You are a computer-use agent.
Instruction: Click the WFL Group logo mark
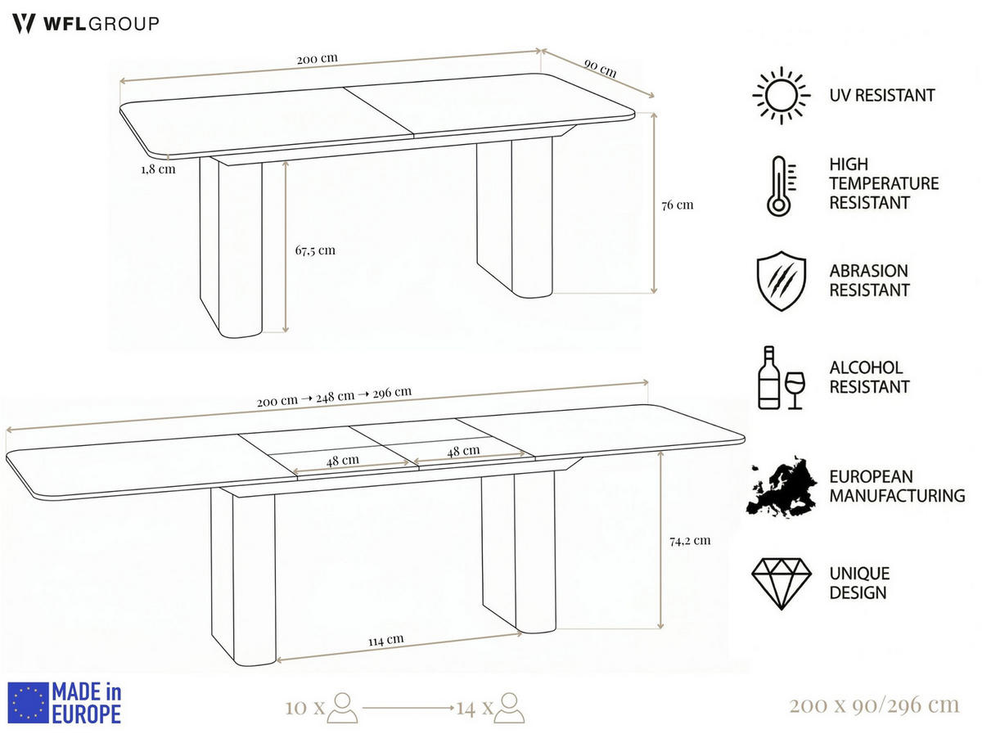coord(24,23)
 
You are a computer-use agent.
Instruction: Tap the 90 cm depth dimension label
coord(600,69)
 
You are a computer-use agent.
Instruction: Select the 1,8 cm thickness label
coord(159,169)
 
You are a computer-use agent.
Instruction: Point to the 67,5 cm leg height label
coord(315,250)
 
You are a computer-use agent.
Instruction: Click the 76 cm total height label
coord(678,205)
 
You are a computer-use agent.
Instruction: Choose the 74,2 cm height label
coord(690,540)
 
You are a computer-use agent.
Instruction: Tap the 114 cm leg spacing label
coord(385,641)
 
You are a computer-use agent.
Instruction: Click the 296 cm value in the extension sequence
coord(392,392)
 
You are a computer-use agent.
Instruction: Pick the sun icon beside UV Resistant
coord(782,95)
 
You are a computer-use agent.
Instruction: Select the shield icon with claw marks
coord(782,281)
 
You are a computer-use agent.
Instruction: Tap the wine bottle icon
coord(768,377)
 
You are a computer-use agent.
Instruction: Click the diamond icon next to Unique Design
coord(782,583)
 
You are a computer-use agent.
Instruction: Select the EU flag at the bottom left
coord(28,703)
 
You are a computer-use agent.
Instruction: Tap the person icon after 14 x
coord(509,708)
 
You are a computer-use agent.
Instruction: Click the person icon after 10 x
coord(342,708)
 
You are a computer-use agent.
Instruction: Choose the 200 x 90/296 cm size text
coord(874,705)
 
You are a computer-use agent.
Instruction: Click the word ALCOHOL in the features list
coord(866,367)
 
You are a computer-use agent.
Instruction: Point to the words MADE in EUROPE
coord(87,703)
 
